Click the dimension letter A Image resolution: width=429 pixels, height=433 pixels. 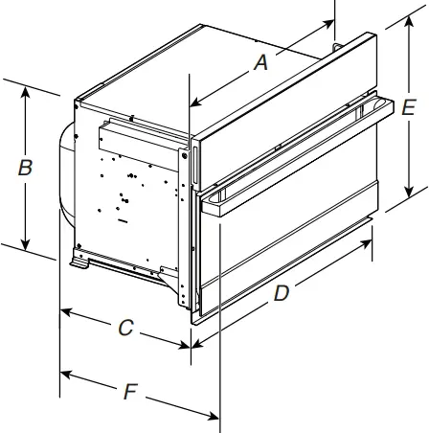[259, 65]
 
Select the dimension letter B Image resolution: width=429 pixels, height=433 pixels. [26, 167]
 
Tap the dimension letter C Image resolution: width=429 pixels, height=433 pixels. [125, 327]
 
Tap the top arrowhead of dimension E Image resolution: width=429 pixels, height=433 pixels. [407, 29]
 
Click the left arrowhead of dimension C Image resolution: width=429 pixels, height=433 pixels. [64, 311]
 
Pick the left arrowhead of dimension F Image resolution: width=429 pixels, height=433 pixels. [64, 372]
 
